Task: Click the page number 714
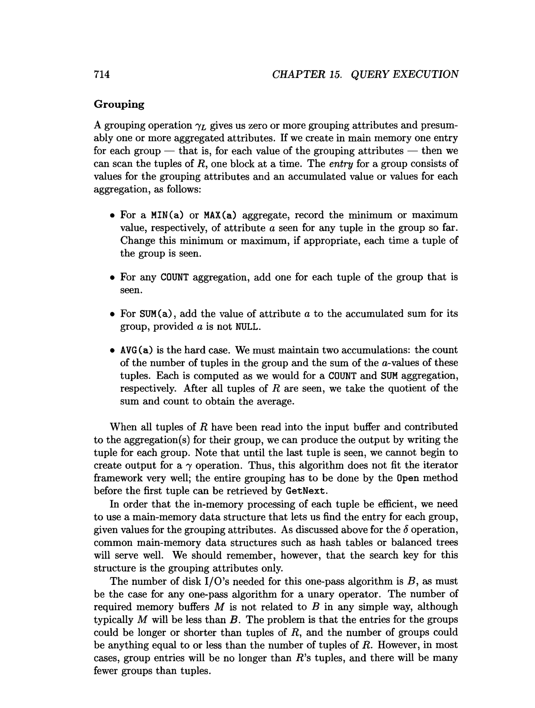click(102, 74)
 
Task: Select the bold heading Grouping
click(119, 105)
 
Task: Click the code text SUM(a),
click(158, 314)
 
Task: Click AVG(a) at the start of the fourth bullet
click(136, 350)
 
